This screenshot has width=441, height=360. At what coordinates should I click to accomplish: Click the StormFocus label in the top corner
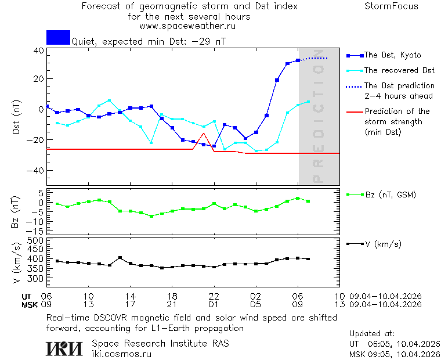pos(391,6)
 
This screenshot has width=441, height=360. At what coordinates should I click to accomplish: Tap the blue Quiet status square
pos(58,37)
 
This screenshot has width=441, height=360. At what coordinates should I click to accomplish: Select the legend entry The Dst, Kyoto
pos(392,55)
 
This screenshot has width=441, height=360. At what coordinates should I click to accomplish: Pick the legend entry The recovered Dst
pos(399,70)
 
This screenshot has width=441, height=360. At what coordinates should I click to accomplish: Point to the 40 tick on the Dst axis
pos(38,51)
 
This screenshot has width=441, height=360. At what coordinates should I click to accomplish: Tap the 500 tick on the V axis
pos(36,240)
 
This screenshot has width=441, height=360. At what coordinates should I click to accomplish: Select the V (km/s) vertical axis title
pos(16,265)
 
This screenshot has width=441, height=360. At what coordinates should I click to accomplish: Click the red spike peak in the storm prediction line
pos(203,134)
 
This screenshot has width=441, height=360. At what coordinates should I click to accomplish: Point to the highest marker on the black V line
pos(120,257)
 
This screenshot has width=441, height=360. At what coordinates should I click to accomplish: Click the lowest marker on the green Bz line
pos(151,216)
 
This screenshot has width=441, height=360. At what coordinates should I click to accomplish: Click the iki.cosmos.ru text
pos(122,354)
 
